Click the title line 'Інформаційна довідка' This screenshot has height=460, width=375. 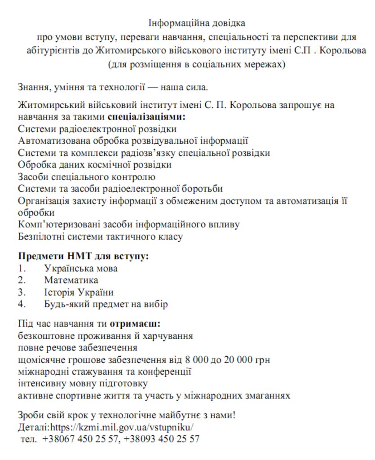(197, 22)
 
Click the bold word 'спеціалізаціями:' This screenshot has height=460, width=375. (146, 117)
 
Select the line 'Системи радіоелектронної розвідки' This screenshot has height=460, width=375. (97, 129)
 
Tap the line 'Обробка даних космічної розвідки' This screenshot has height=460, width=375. (94, 164)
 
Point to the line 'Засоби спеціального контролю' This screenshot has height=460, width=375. (87, 177)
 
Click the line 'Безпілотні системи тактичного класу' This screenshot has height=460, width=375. (100, 235)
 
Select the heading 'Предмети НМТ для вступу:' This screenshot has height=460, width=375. (83, 257)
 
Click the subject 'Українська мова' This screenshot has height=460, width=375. (81, 269)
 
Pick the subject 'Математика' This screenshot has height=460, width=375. (71, 280)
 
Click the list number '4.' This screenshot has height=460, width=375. (22, 304)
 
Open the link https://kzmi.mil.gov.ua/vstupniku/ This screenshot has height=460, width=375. (122, 426)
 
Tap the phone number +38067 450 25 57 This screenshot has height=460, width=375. (81, 439)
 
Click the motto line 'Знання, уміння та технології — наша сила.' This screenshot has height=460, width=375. (113, 87)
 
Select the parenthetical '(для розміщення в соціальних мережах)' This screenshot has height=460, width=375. (196, 64)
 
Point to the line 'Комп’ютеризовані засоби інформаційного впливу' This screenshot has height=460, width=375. (129, 224)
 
